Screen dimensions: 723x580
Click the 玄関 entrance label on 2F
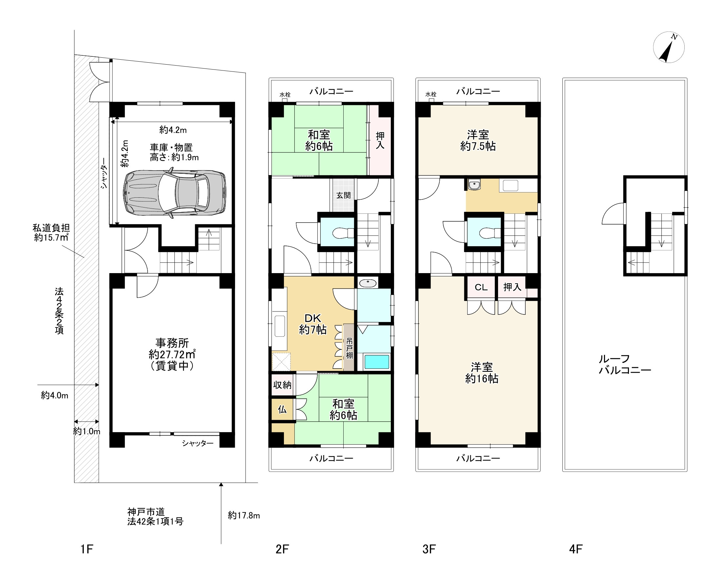(x=343, y=195)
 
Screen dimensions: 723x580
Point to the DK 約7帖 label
(x=312, y=324)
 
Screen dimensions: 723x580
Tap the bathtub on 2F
(x=377, y=362)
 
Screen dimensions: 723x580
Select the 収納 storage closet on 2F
(x=282, y=385)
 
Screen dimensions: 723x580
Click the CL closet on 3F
(x=481, y=287)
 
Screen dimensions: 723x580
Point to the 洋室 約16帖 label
(x=482, y=373)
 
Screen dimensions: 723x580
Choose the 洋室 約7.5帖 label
(x=478, y=140)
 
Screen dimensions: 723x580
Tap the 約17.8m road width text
(x=244, y=515)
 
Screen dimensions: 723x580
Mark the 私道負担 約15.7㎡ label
(x=51, y=233)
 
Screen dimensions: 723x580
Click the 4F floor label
(x=576, y=549)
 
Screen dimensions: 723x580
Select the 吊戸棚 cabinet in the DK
(x=349, y=347)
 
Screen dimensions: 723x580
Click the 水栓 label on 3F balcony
(x=431, y=94)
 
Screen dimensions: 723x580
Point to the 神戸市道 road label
(x=146, y=512)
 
